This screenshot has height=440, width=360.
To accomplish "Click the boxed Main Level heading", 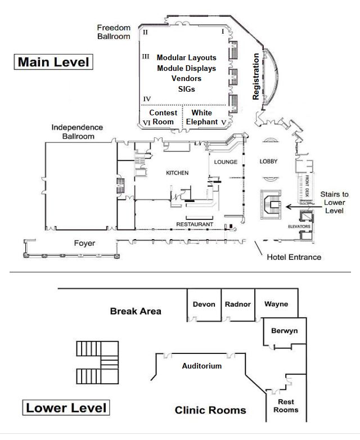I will pos(53,62).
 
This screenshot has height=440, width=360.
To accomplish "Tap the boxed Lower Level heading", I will pos(66,407).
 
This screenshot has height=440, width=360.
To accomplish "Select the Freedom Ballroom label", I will pos(114,32).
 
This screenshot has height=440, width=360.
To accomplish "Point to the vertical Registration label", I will pos(256,77).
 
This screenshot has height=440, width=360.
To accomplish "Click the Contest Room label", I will pos(163,116).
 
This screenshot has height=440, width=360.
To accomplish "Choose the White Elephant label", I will pos(201,116).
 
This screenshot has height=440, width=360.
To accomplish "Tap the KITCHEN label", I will pos(177,173).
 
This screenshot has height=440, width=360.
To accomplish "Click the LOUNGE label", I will pos(226,162).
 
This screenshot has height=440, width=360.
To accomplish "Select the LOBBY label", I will pos(269,161).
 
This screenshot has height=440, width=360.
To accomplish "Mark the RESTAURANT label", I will pos(196,225).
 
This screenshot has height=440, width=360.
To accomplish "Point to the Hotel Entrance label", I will pos(294,257).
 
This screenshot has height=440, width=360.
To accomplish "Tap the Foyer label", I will pos(84,244).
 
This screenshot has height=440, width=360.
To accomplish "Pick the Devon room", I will pos(204,304).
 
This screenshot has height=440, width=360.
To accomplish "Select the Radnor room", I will pos(237,304).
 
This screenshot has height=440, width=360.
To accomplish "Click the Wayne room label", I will pos(276,304).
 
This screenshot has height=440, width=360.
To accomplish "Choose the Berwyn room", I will pos(284,331).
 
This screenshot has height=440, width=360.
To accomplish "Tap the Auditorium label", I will pos(201,366).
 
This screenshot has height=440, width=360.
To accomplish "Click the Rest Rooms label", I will pos(286,406).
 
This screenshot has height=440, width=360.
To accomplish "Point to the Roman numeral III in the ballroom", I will pos(146,56).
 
